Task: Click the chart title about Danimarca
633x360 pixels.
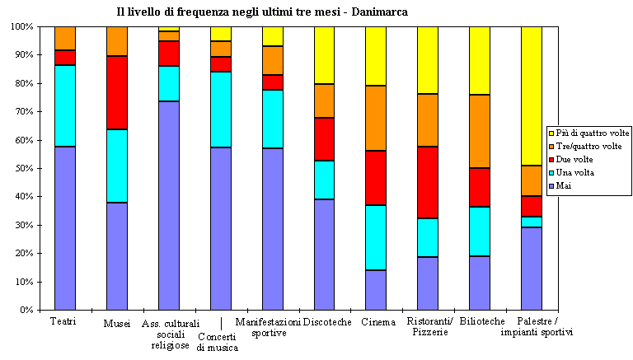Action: [261, 12]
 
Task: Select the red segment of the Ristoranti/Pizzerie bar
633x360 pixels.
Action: [428, 182]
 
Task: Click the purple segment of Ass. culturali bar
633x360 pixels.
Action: [169, 205]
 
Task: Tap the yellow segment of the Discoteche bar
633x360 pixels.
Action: [324, 54]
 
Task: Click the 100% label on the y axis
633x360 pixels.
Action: [20, 26]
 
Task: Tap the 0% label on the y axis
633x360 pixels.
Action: [25, 311]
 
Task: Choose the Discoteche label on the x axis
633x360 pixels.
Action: [327, 321]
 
